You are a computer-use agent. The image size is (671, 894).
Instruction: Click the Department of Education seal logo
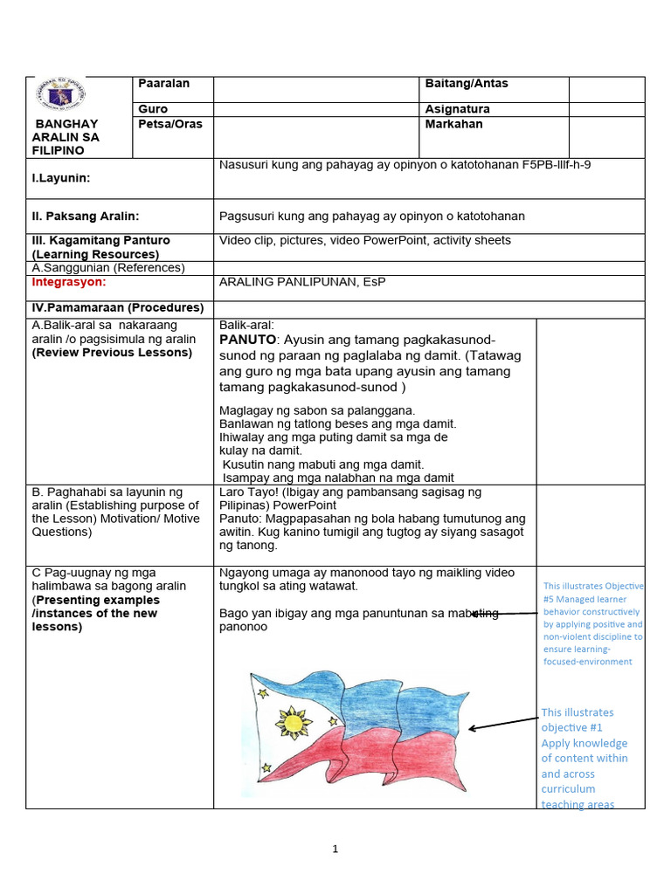[60, 96]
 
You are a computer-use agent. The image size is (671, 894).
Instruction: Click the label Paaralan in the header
[164, 84]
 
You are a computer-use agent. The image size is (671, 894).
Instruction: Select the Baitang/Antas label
[466, 84]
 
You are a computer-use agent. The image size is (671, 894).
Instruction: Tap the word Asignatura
[457, 109]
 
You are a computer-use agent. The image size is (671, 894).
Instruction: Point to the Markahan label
[453, 124]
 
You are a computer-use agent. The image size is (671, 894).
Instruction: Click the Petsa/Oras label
[170, 124]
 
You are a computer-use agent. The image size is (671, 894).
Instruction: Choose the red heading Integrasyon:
[69, 282]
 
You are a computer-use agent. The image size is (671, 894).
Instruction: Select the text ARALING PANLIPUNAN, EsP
[302, 282]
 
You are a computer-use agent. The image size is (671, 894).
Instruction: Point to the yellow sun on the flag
[294, 722]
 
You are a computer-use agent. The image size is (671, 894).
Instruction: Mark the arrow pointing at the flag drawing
[504, 724]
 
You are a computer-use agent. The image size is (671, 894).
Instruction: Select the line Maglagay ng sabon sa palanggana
[317, 410]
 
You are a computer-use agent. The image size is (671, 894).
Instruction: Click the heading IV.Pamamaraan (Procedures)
[117, 307]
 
